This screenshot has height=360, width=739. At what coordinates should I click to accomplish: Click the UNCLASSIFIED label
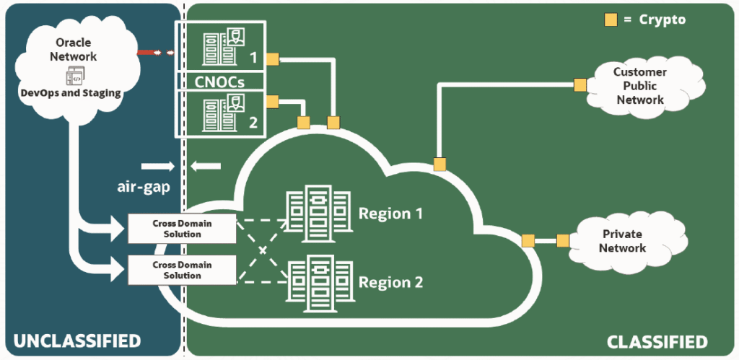coord(78,341)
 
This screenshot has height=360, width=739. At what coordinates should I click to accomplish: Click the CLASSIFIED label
coord(657,341)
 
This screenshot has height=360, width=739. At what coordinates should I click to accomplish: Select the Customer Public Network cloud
coord(639,85)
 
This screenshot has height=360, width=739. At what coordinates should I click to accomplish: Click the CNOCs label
coord(220,81)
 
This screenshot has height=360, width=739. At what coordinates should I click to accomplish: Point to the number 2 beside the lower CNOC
coord(253,122)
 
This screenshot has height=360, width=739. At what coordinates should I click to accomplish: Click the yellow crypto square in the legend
coord(611,19)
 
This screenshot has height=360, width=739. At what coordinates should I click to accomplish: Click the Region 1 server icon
coord(318,213)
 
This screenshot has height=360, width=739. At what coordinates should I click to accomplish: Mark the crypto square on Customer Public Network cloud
coord(580,85)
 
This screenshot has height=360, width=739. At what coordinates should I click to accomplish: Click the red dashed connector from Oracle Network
coord(156,52)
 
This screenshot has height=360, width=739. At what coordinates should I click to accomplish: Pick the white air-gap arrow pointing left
coord(206,167)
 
